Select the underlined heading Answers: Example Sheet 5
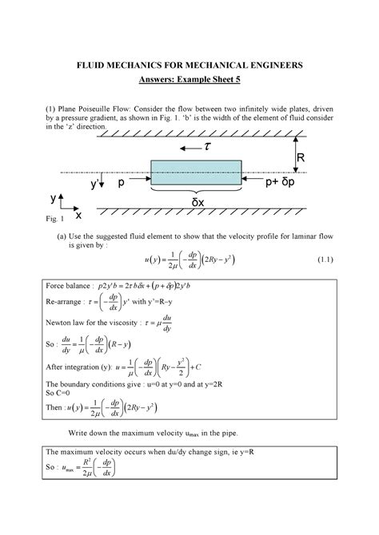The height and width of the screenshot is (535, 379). click(189, 79)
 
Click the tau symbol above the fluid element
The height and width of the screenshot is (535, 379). click(206, 148)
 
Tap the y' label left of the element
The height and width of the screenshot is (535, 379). click(95, 184)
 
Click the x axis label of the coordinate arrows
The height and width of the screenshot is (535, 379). click(78, 216)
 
